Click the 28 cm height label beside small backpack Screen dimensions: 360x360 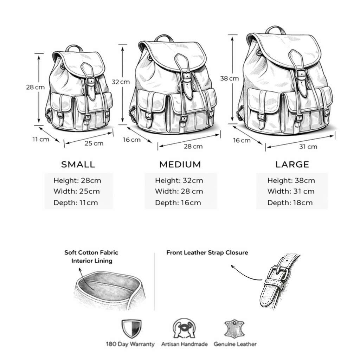tap(35, 87)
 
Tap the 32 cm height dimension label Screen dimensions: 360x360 tap(121, 82)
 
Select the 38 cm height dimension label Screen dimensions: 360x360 tap(230, 78)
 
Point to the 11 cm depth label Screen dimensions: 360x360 tap(41, 139)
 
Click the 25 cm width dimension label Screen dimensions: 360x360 tap(94, 143)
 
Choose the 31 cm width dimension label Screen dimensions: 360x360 tap(308, 147)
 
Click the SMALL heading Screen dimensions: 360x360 tap(78, 165)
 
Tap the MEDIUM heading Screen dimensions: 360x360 tap(180, 165)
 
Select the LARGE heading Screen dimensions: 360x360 tap(292, 165)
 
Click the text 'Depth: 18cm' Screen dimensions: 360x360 tap(290, 203)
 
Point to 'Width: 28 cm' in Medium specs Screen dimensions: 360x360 tap(179, 191)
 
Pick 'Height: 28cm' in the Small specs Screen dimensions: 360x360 tap(77, 180)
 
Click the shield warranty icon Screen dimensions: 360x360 tap(131, 329)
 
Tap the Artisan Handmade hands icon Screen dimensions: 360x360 tap(184, 328)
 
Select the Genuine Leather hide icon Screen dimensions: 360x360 tap(234, 329)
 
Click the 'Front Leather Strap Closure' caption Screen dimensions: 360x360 tap(207, 252)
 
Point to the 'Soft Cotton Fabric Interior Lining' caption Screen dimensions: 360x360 tap(91, 257)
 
